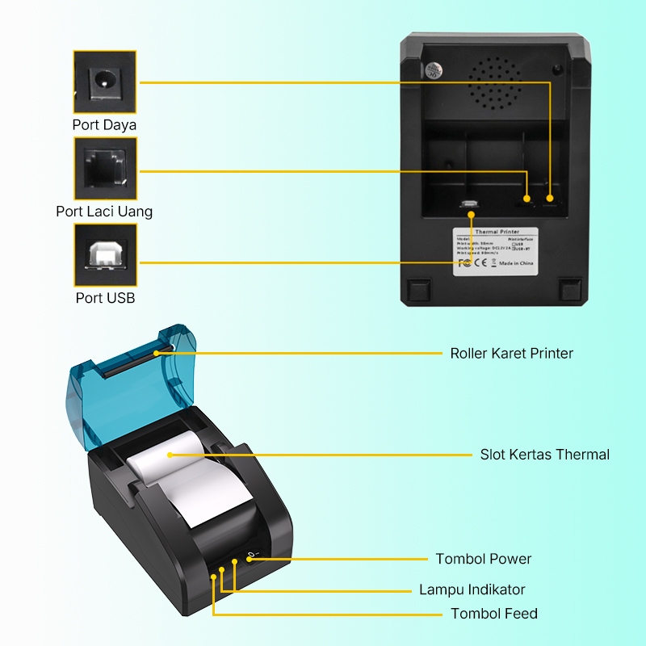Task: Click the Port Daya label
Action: click(x=104, y=125)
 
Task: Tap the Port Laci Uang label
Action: click(x=104, y=212)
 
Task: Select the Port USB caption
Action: click(x=105, y=298)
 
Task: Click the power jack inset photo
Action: click(x=105, y=82)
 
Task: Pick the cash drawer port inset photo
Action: click(x=105, y=168)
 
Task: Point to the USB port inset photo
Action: click(x=105, y=254)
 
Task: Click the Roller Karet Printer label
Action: click(x=511, y=353)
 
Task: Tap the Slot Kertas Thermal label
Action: click(x=544, y=455)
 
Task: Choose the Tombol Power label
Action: click(x=483, y=559)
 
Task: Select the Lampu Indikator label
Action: click(x=472, y=589)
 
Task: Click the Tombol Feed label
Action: click(x=493, y=614)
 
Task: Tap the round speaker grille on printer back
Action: click(x=493, y=83)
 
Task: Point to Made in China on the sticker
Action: click(x=515, y=263)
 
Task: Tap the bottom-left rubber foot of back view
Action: click(x=418, y=290)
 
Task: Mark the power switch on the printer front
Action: click(x=251, y=556)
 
